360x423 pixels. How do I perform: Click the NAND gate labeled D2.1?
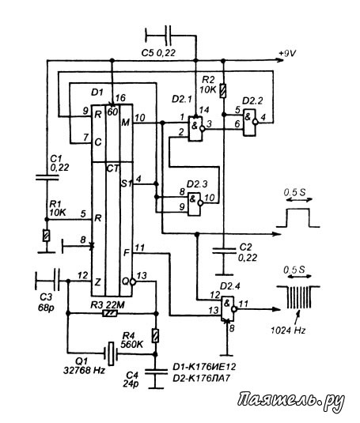[x=195, y=129]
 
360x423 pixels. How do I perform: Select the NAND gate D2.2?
[x=250, y=123]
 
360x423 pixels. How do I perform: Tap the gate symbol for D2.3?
[x=195, y=204]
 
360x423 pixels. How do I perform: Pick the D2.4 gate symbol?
[x=229, y=308]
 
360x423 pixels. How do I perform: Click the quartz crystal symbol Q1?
[x=111, y=353]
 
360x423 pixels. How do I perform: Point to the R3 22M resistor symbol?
[x=110, y=313]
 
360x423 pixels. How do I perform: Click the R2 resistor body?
[x=223, y=91]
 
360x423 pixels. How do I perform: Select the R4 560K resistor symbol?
[x=155, y=335]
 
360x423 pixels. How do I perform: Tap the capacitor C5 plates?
[x=168, y=35]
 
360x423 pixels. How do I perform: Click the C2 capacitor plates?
[x=224, y=251]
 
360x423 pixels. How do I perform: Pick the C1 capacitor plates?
[x=47, y=177]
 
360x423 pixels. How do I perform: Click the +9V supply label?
[x=287, y=54]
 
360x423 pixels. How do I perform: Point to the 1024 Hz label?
[x=289, y=330]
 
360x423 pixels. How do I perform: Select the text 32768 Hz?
[x=84, y=370]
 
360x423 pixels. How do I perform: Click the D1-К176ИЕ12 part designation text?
[x=204, y=367]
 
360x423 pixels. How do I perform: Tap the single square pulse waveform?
[x=298, y=217]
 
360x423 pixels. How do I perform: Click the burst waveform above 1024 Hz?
[x=298, y=297]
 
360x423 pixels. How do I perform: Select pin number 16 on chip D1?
[x=120, y=98]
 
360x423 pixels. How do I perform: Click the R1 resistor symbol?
[x=47, y=236]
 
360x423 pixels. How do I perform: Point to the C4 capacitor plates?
[x=156, y=371]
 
